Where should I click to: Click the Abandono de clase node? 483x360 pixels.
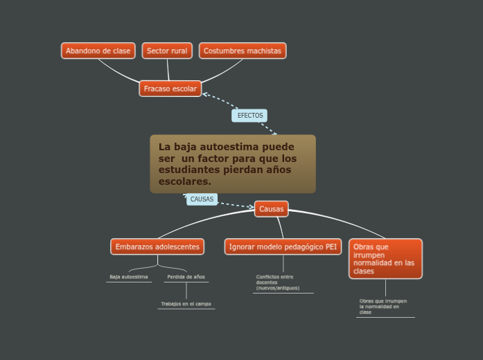pos(98,51)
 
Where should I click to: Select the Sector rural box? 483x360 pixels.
pos(167,51)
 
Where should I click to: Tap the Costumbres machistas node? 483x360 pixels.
pos(243,51)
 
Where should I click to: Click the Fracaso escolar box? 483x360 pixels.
pos(170,89)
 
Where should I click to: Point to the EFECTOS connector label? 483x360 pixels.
pos(249,116)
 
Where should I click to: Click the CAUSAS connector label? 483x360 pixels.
pos(202,199)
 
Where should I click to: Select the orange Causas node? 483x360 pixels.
pos(271,208)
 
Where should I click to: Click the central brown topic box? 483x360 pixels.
pos(233,164)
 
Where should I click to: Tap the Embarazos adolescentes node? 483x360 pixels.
pos(157,246)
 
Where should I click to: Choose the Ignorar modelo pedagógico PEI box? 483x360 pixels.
pos(283,246)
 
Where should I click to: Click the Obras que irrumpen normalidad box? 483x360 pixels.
pos(385,259)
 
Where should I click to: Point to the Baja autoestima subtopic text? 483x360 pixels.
pos(129,277)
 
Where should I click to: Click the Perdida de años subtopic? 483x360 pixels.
pos(186,277)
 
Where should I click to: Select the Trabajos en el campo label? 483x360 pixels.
pos(186,304)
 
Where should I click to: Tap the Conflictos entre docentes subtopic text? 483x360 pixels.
pos(277,282)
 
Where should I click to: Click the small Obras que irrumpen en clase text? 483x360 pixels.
pos(383,307)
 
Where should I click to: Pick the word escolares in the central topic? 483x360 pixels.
pos(184,181)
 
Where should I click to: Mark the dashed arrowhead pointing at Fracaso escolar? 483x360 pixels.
pos(205,93)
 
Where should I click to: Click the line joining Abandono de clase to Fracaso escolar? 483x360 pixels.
pos(118,71)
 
